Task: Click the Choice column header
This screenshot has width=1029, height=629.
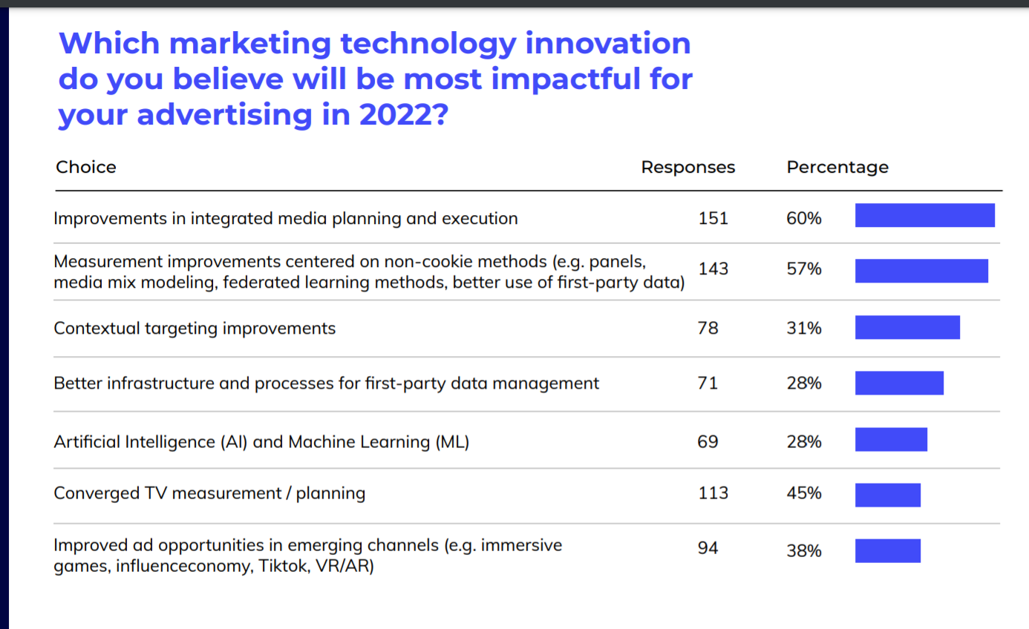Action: tap(86, 167)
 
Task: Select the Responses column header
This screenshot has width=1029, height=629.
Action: tap(687, 167)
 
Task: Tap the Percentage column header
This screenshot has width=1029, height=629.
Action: tap(837, 167)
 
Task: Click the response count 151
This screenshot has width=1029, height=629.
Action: tap(713, 218)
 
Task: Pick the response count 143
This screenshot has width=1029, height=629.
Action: tap(713, 269)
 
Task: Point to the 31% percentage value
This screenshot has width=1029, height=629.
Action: tap(804, 328)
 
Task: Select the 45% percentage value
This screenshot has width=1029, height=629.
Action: tap(804, 493)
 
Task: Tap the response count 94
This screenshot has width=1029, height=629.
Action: tap(708, 548)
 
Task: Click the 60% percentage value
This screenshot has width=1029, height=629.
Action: tap(804, 218)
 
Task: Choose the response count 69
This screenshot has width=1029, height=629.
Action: tap(708, 441)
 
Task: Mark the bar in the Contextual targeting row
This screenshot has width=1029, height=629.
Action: tap(907, 327)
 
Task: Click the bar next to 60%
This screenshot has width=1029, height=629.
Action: tap(924, 215)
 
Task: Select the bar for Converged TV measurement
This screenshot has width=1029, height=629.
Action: tap(887, 495)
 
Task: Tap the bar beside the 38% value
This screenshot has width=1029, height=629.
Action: tap(887, 550)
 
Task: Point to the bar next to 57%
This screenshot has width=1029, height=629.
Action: tap(921, 271)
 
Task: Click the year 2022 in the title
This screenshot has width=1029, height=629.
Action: tap(398, 115)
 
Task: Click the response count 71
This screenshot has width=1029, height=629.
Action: tap(708, 383)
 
